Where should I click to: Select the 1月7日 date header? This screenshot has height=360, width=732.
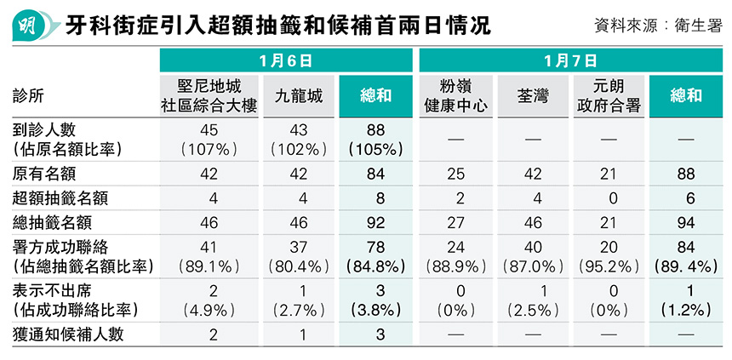(x=570, y=60)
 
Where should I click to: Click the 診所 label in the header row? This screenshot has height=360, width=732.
(x=29, y=95)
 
